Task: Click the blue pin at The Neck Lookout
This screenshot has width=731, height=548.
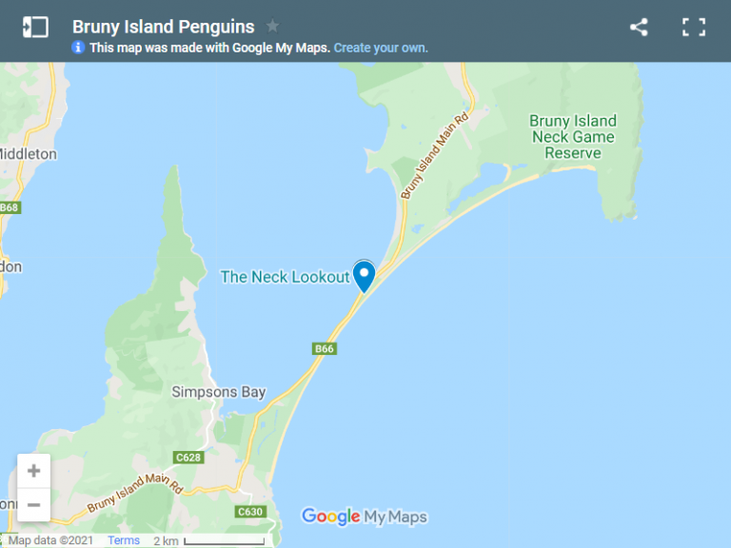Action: point(364,275)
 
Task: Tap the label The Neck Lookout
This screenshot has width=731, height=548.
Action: point(285,277)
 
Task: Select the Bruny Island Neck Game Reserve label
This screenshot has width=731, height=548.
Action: point(573,137)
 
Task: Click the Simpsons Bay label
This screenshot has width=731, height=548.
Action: point(218,392)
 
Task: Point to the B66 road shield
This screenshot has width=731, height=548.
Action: point(325,349)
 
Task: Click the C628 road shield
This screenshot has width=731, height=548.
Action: point(189,458)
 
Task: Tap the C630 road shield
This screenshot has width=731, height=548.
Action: point(250,512)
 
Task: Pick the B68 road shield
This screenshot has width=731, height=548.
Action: point(9,207)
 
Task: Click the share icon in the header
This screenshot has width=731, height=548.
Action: point(639,27)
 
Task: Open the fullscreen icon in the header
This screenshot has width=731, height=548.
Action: point(694,27)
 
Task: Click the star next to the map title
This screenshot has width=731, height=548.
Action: point(272,26)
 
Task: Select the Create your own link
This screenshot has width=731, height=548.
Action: point(381,48)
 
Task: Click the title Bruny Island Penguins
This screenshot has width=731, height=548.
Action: point(163,27)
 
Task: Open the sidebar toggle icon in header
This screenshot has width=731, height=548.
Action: point(35,27)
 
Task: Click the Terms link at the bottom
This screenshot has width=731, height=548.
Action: point(124,540)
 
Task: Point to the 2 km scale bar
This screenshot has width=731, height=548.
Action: point(224,542)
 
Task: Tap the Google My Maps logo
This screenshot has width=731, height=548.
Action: point(365,517)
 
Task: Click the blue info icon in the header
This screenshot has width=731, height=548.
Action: point(78,48)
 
